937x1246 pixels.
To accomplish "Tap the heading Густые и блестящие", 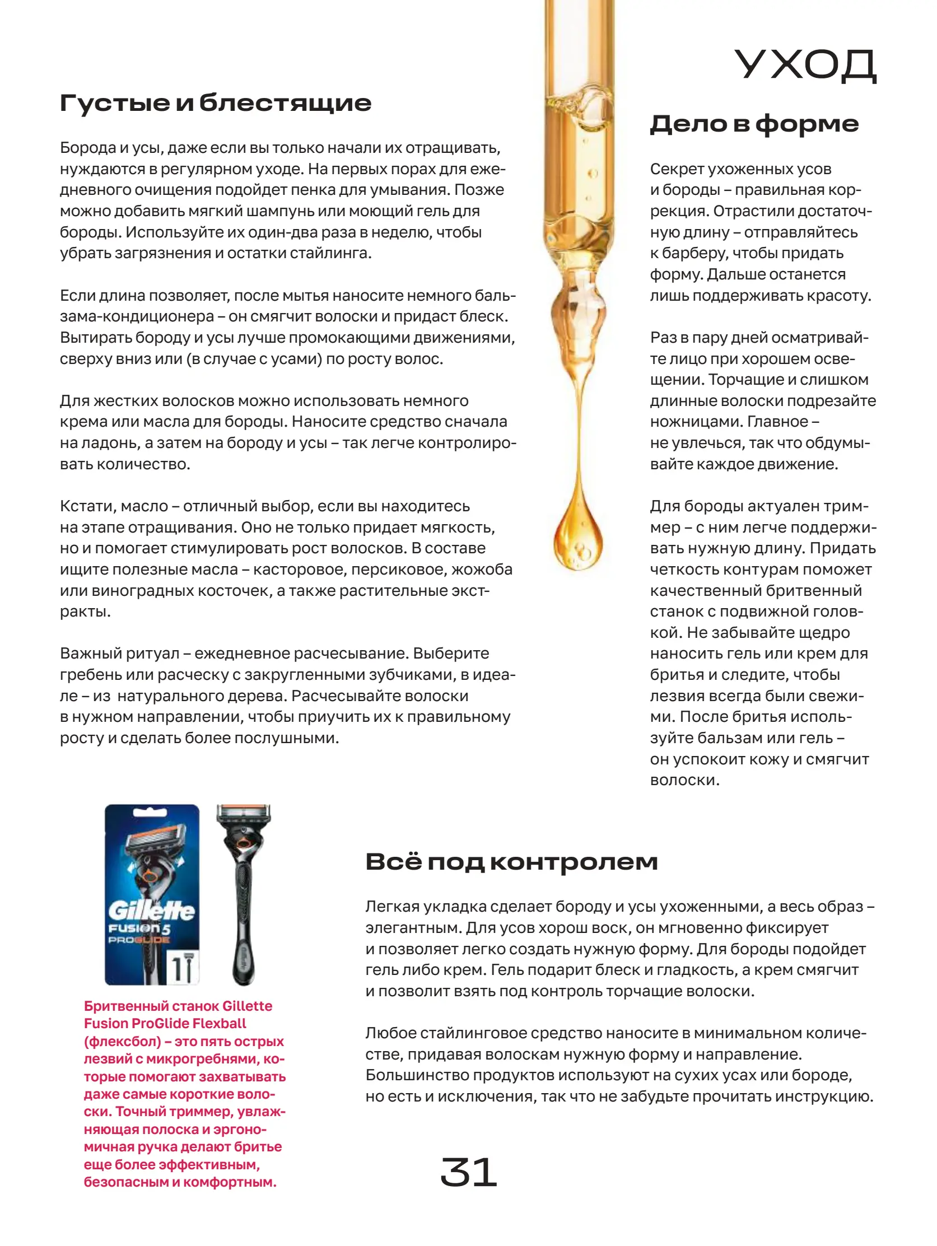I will tap(215, 103).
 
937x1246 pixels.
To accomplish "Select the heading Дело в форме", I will tap(753, 124).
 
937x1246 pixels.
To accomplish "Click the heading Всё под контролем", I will tap(511, 862).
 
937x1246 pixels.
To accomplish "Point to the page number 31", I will tap(468, 1173).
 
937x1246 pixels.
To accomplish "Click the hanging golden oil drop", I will tap(577, 538).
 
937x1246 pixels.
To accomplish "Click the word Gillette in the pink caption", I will tap(247, 1006).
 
